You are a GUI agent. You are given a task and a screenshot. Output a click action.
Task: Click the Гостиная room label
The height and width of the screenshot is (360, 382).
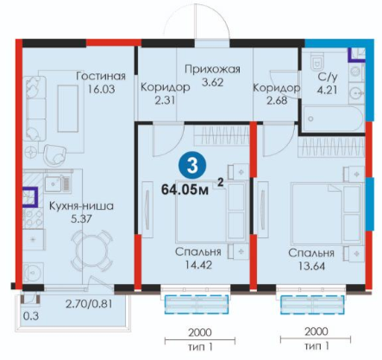click(x=101, y=76)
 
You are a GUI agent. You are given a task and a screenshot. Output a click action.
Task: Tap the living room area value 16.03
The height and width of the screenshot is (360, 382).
click(x=101, y=89)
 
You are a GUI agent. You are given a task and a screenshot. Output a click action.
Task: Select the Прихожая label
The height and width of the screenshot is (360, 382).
click(x=212, y=69)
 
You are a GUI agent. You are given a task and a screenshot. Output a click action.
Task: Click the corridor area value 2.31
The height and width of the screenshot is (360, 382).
click(x=165, y=100)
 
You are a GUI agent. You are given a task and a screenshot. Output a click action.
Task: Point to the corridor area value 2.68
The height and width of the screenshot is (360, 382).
click(x=277, y=100)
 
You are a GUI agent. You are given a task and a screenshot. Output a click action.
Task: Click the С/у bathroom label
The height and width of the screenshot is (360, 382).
click(x=328, y=77)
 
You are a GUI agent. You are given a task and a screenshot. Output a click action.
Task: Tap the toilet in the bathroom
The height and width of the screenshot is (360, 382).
click(x=317, y=60)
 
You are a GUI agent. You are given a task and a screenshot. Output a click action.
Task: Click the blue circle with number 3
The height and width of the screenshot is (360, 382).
click(x=192, y=167)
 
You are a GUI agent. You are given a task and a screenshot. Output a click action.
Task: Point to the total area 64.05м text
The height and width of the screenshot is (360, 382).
click(x=185, y=190)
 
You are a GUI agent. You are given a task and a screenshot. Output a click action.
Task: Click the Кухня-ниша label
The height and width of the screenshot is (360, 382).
click(x=81, y=206)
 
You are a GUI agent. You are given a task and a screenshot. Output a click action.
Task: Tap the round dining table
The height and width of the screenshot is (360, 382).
click(x=91, y=250)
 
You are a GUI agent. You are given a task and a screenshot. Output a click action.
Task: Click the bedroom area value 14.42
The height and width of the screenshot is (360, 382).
click(x=198, y=265)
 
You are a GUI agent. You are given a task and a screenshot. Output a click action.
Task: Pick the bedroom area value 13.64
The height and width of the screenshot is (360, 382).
click(x=311, y=266)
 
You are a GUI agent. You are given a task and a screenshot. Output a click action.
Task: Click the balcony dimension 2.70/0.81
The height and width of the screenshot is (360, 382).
click(x=89, y=304)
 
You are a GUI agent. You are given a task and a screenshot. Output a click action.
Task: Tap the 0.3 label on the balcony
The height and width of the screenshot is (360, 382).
click(x=31, y=316)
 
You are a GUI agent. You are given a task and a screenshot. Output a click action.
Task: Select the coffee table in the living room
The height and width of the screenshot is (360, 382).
click(x=68, y=109)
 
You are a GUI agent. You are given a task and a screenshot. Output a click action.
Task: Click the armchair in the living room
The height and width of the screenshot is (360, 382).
click(x=55, y=155)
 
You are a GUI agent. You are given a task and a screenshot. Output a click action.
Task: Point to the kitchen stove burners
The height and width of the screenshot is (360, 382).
click(x=34, y=218)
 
